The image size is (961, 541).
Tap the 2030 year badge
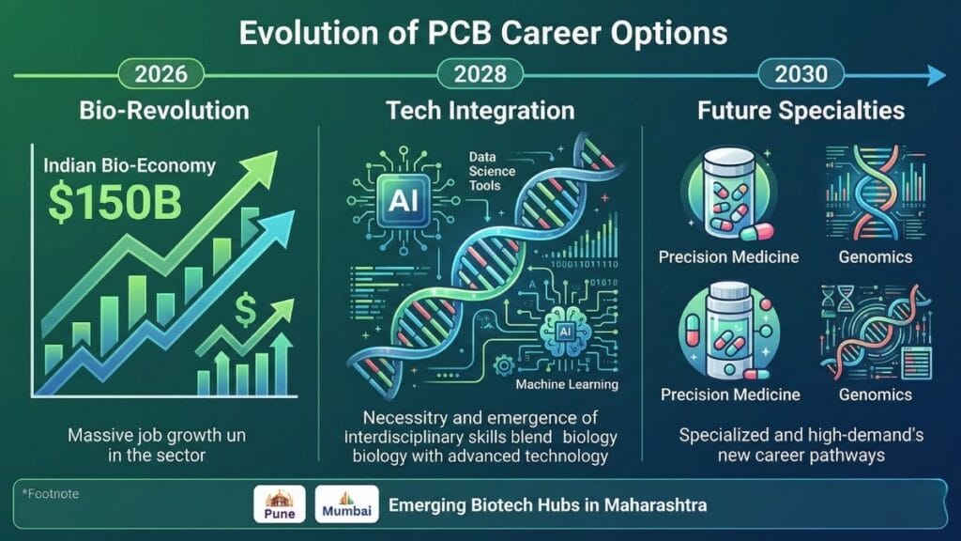[801, 73]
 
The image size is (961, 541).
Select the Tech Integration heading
[480, 111]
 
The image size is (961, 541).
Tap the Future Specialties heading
[801, 111]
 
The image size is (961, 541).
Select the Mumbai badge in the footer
[346, 505]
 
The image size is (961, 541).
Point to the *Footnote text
[48, 491]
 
